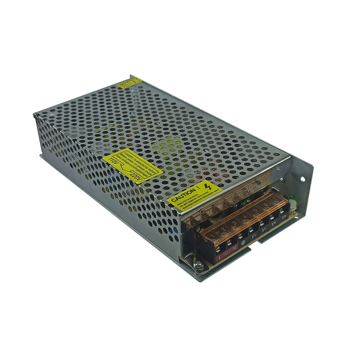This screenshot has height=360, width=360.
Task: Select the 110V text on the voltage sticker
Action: (113, 161)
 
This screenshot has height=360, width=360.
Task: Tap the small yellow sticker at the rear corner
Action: (130, 83)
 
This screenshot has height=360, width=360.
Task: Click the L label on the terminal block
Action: (220, 258)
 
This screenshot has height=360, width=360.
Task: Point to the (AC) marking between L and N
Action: (227, 255)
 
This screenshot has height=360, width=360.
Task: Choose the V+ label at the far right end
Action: (284, 217)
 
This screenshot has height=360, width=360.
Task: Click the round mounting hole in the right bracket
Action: (303, 179)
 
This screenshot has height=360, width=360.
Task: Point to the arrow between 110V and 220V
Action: (124, 169)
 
